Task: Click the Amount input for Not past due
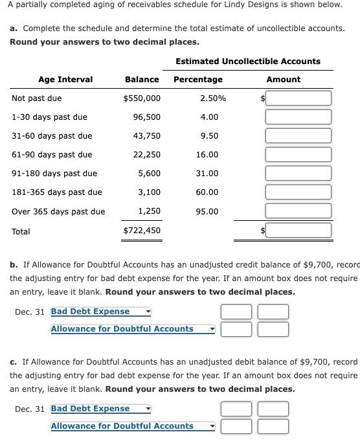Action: click(298, 98)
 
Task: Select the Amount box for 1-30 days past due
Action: click(298, 117)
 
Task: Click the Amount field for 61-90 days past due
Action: click(298, 155)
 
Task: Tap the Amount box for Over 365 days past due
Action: click(298, 211)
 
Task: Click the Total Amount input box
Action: click(298, 231)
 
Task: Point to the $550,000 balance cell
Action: click(142, 98)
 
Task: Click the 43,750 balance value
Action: click(146, 136)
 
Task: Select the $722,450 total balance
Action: click(142, 231)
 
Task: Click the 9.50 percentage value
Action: click(209, 136)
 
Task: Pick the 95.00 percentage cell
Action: click(207, 212)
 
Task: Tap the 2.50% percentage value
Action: click(213, 98)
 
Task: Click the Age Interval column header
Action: click(65, 80)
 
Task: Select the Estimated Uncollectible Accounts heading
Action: click(248, 62)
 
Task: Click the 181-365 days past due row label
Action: click(57, 192)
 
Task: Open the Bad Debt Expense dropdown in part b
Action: click(100, 312)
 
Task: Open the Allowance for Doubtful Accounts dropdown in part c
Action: click(133, 426)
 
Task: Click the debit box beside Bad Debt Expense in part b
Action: click(236, 312)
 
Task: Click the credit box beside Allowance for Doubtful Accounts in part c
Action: click(273, 426)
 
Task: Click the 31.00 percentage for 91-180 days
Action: click(207, 174)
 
